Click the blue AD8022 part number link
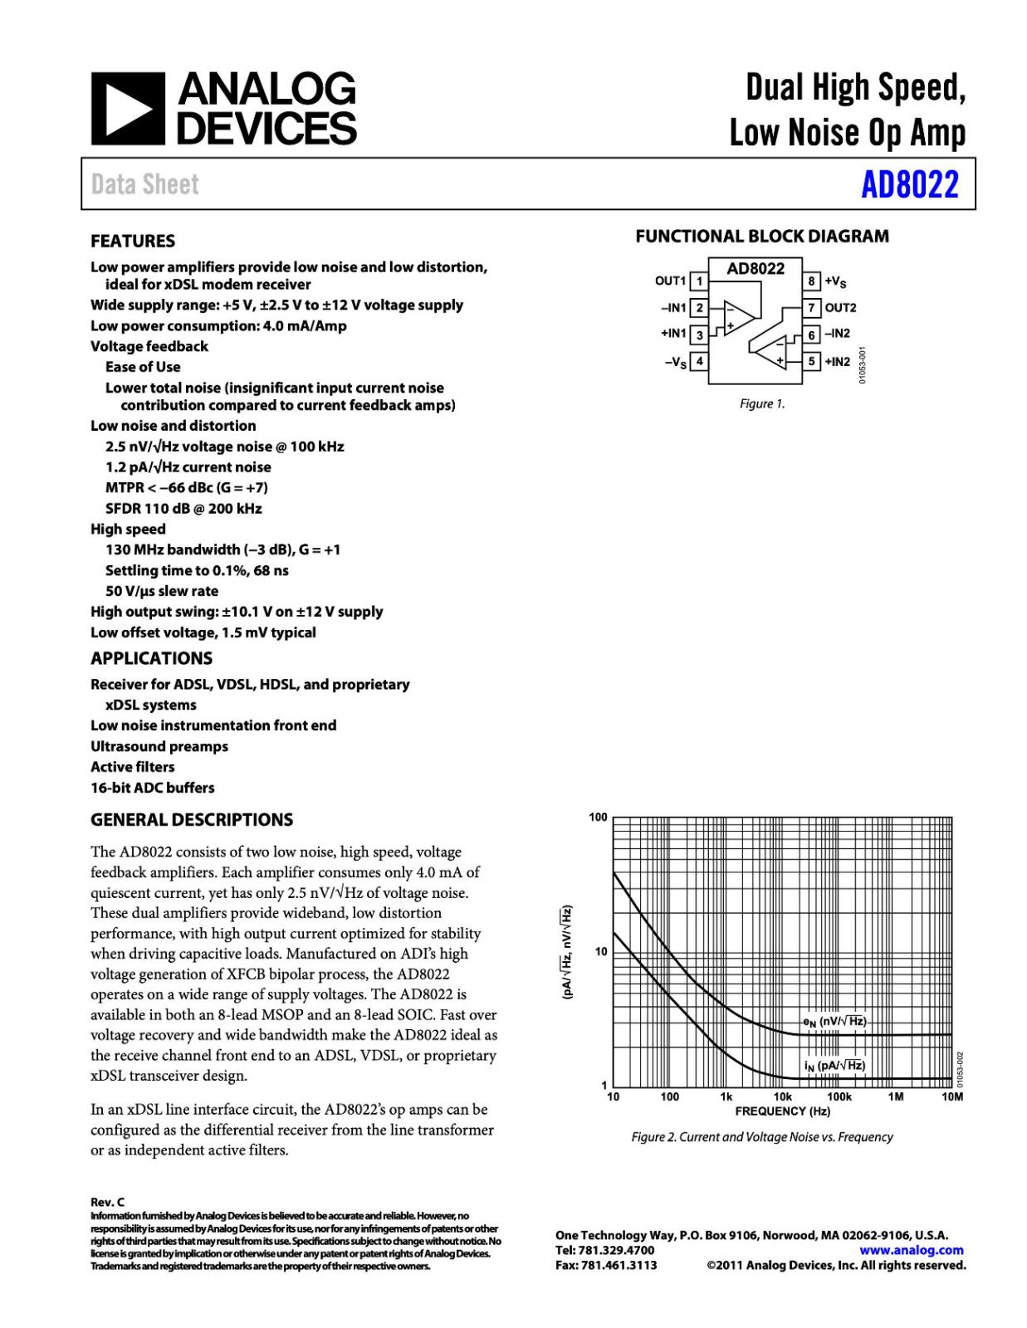tap(909, 184)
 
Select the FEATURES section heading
tap(133, 242)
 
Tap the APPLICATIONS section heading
tap(151, 658)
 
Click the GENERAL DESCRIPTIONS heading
tap(192, 820)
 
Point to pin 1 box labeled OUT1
tap(699, 281)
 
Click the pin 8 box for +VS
tap(812, 281)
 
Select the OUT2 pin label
tap(840, 308)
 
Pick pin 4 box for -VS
tap(699, 361)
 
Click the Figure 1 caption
tap(761, 404)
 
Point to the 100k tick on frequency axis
tap(839, 1097)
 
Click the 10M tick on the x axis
tap(951, 1097)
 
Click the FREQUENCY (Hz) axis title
tap(782, 1111)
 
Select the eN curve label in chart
tap(834, 1022)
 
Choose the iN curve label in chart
tap(834, 1066)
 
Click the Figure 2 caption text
tap(761, 1137)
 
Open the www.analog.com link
tap(911, 1250)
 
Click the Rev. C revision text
tap(107, 1202)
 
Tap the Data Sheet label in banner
tap(145, 184)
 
